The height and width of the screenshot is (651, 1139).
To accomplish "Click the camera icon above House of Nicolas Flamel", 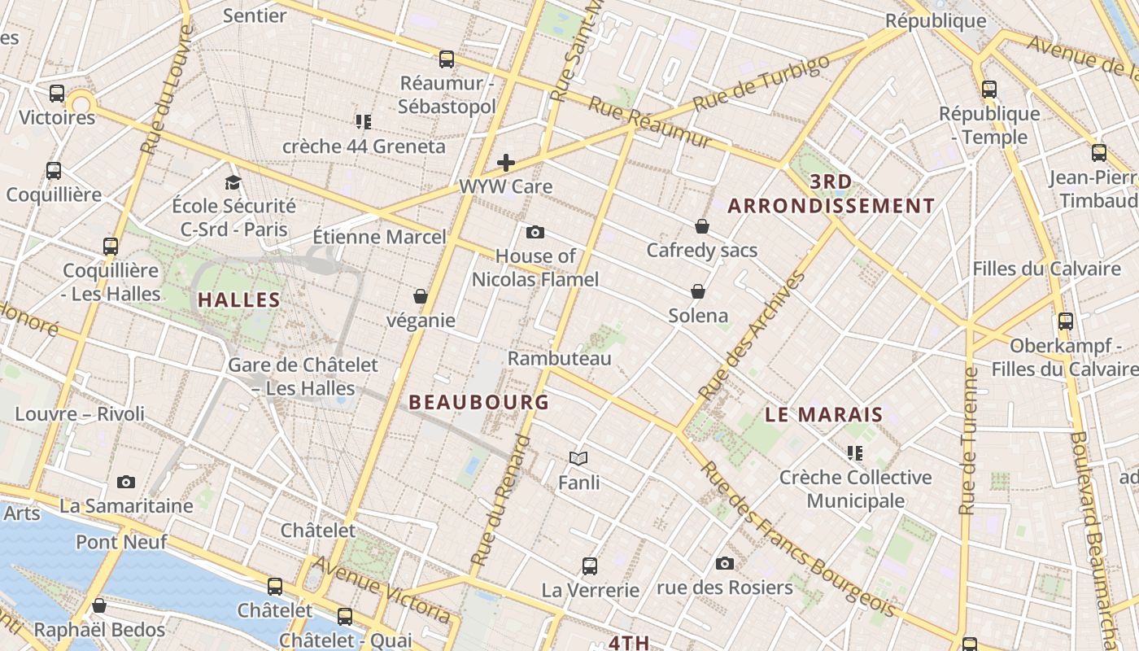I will (x=535, y=233).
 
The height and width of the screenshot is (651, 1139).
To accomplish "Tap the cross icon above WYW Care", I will (x=506, y=163).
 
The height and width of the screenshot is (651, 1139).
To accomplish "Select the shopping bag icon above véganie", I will (x=421, y=296).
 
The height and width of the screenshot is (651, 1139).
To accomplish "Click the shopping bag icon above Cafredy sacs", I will (x=702, y=226).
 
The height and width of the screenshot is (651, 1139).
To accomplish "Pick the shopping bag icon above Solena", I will (x=698, y=291).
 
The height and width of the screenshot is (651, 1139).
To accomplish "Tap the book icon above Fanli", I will (x=578, y=459).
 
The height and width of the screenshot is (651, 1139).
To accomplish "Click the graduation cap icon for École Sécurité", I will (x=233, y=182).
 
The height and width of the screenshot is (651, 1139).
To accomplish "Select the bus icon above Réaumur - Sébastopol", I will (x=447, y=59).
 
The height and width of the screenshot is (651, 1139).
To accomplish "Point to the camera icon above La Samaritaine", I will (x=126, y=482).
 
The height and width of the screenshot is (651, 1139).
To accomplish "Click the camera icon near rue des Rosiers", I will (x=725, y=563).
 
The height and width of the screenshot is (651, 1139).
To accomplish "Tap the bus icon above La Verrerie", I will (x=590, y=566).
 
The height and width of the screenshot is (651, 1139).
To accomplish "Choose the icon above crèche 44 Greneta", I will (x=364, y=122).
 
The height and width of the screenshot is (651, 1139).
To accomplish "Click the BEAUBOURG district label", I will (x=479, y=402).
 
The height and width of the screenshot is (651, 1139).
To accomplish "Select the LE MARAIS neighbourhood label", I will (x=824, y=414).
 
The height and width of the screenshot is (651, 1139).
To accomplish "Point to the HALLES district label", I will (x=239, y=299).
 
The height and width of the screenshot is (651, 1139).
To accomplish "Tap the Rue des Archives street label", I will (x=753, y=335).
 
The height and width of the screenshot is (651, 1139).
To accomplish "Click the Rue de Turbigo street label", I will (x=761, y=83).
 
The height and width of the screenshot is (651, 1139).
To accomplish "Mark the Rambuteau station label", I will (x=560, y=358).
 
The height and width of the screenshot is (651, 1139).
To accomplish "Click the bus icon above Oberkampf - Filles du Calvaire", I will (x=1066, y=321).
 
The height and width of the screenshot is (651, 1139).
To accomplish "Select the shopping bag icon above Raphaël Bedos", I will (x=99, y=605).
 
